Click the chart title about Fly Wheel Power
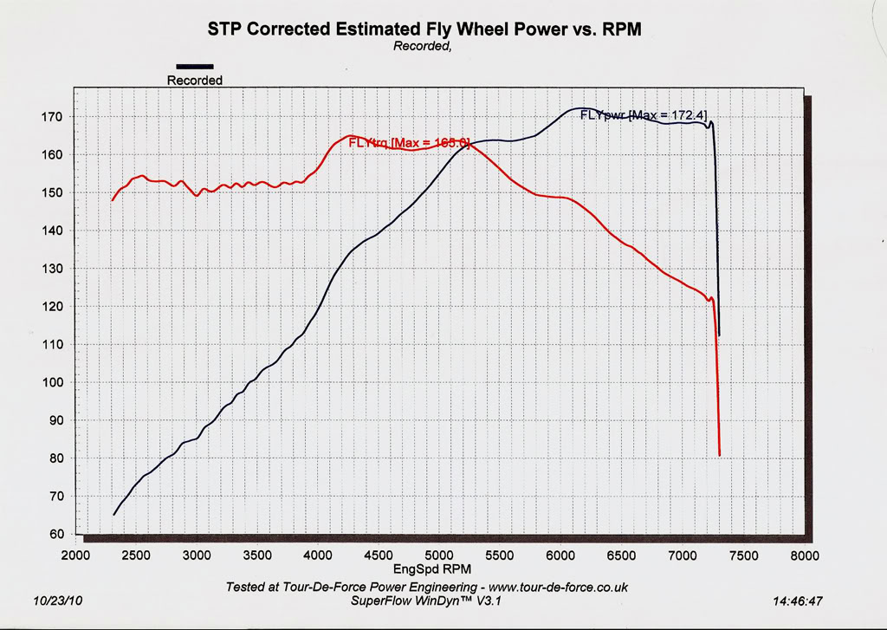424,29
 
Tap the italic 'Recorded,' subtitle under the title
423,46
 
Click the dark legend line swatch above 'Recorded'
195,66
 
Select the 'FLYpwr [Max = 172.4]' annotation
650,114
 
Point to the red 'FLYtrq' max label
408,143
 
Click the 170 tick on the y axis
49,117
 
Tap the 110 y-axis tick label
49,345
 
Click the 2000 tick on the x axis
76,555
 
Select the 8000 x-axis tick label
804,555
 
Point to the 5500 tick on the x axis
501,555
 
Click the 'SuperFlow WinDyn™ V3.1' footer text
424,600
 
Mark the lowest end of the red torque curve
720,455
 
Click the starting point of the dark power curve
113,515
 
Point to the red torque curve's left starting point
112,200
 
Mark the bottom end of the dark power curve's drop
719,335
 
